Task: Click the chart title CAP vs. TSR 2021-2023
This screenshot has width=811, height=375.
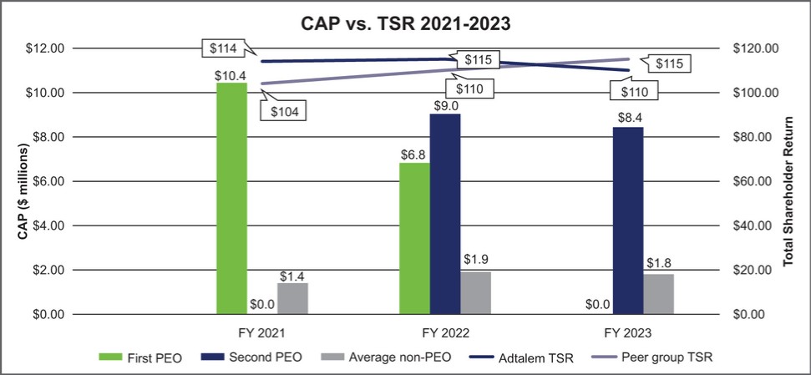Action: tap(405, 23)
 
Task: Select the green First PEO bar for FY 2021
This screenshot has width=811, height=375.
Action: tap(231, 199)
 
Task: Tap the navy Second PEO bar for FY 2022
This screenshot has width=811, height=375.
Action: tap(445, 214)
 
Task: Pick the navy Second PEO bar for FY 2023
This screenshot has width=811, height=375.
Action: tap(628, 220)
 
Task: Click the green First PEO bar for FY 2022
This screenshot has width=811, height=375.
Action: tap(414, 239)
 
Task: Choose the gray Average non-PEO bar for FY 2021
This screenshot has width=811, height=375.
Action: tap(292, 298)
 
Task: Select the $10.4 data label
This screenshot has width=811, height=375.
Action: tap(231, 74)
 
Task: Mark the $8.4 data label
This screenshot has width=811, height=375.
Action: tap(628, 118)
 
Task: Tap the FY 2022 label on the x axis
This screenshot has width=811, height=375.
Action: tap(445, 332)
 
